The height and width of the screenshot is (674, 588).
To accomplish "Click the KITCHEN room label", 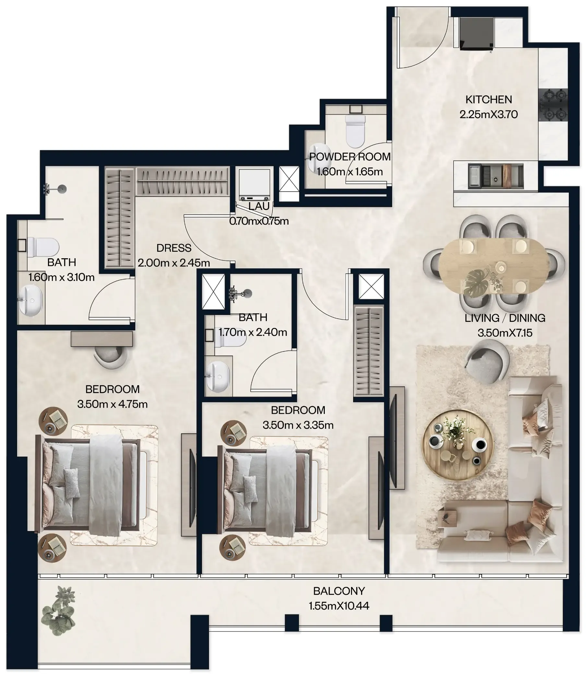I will tap(488, 99).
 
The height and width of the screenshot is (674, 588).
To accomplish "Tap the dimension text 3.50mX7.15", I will tap(505, 333).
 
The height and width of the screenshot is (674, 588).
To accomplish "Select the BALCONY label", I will tap(339, 591).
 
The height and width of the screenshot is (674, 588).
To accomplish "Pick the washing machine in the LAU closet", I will tap(254, 185).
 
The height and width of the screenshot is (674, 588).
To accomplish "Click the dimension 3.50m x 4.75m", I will tap(112, 404).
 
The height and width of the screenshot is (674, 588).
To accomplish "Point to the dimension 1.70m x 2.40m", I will tap(253, 332).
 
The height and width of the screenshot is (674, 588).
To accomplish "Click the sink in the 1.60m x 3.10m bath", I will tap(30, 300).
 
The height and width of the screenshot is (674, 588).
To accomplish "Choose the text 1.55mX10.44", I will tap(339, 606).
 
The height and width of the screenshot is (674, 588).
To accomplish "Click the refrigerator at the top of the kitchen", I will tap(476, 34).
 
